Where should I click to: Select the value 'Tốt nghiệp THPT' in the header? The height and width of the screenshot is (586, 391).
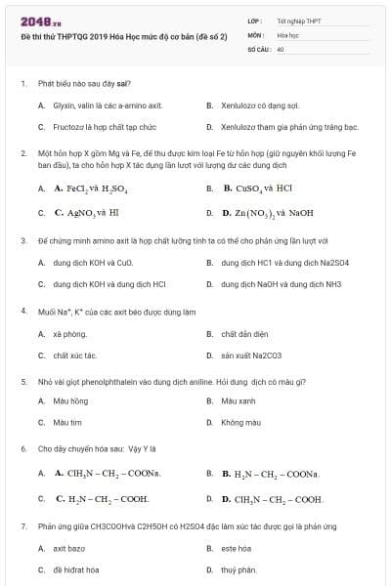(297, 20)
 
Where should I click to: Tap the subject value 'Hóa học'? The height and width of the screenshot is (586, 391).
(287, 33)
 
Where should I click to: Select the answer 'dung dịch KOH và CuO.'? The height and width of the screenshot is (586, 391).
(93, 263)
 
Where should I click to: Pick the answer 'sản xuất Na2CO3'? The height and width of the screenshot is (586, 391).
(250, 356)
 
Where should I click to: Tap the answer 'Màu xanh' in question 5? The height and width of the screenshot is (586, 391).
(239, 400)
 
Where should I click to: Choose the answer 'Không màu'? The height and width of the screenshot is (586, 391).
(240, 423)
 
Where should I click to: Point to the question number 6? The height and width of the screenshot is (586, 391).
(23, 449)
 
